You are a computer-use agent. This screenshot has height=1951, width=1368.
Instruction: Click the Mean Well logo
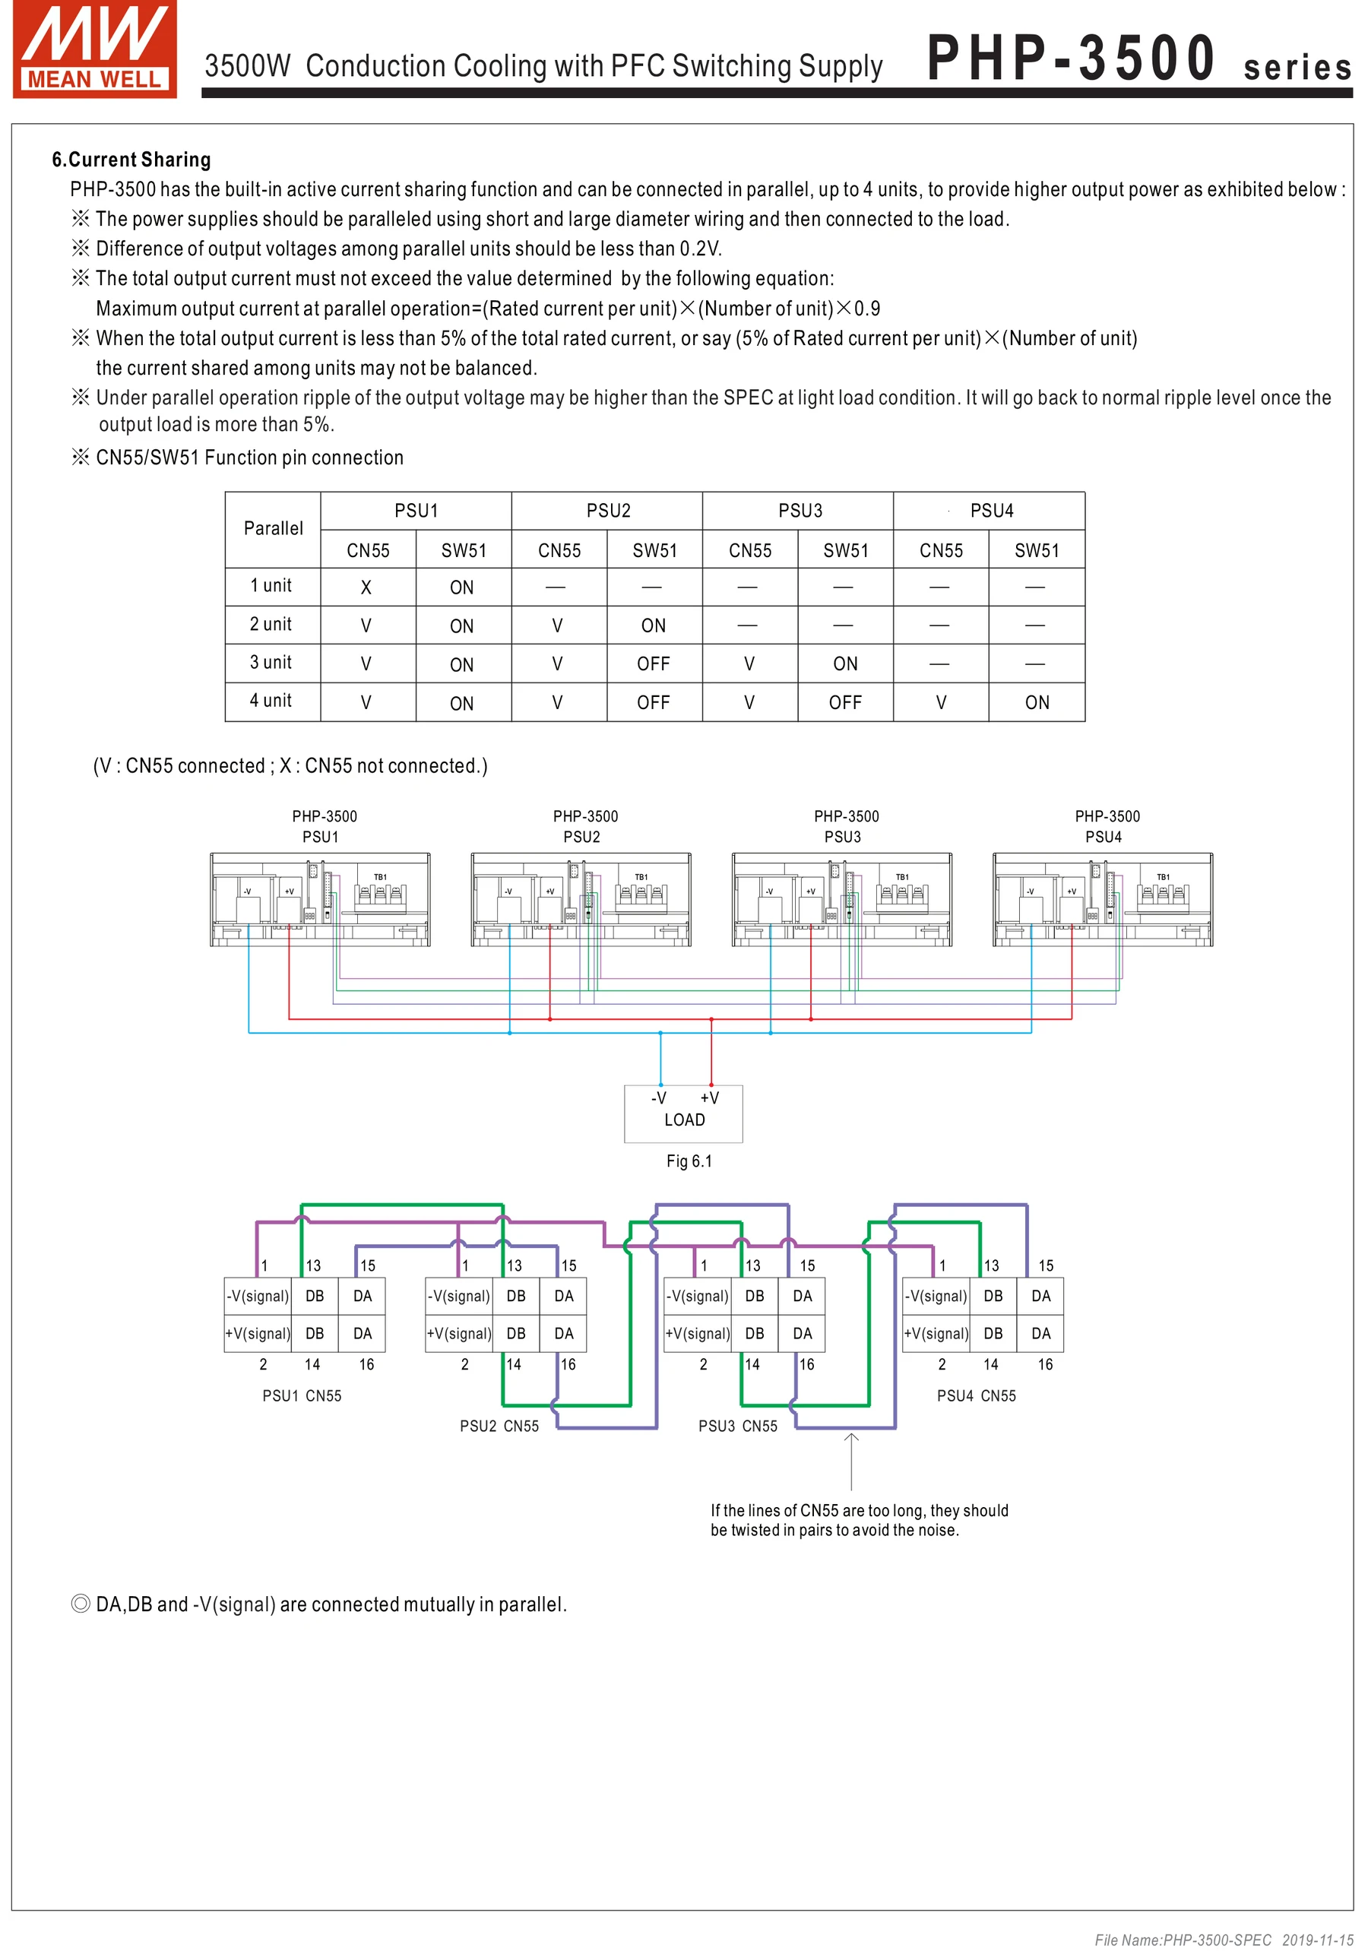pos(94,49)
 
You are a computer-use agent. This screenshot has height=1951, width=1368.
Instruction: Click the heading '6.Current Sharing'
pos(131,160)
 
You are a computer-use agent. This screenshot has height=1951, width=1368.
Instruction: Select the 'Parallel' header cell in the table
pos(273,528)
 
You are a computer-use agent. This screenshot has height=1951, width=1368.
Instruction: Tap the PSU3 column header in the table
pos(800,511)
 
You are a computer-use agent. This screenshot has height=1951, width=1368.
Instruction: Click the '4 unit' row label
pos(271,701)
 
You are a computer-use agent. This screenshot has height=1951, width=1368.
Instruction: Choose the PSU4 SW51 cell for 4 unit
pos(1037,703)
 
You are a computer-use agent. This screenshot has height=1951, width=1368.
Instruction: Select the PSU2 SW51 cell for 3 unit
pos(654,664)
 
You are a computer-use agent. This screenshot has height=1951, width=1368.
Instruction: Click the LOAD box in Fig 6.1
pos(684,1113)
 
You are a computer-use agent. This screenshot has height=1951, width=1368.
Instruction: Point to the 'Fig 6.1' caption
pos(689,1161)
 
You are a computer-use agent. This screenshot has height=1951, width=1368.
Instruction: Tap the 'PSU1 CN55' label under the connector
pos(302,1396)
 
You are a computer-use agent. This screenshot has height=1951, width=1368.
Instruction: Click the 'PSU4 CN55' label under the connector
pos(977,1396)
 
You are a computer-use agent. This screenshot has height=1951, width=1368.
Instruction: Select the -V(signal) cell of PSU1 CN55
pos(257,1297)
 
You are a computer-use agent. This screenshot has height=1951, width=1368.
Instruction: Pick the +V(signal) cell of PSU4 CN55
pos(936,1334)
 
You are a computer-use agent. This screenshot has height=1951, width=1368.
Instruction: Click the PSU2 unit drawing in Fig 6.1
pos(581,899)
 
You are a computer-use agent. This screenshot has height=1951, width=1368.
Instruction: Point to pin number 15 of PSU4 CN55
pos(1046,1266)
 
